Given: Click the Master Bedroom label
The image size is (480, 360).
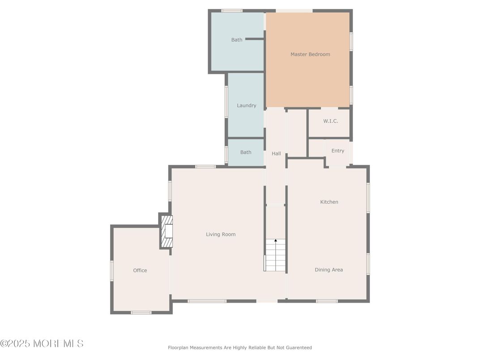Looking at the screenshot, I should click(x=310, y=54).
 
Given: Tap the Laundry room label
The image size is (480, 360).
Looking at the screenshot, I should click(x=246, y=106).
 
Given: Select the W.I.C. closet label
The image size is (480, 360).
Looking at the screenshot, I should click(x=330, y=121).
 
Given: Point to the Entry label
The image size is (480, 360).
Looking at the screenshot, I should click(x=338, y=151).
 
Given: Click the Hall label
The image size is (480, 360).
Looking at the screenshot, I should click(x=276, y=154).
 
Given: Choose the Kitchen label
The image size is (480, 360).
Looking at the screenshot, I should click(x=329, y=202).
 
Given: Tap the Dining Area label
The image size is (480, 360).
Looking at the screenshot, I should click(x=329, y=270).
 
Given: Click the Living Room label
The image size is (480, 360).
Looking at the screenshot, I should click(x=220, y=234).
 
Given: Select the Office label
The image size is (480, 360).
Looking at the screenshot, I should click(x=140, y=270).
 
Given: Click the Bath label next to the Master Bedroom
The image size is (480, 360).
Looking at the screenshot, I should click(x=236, y=40).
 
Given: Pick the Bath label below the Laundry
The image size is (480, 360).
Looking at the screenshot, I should click(x=245, y=152).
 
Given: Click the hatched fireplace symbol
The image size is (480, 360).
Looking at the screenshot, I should click(x=167, y=231).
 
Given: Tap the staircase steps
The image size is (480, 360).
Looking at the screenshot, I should click(x=275, y=257).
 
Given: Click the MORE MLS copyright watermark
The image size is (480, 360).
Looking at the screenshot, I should click(x=42, y=343).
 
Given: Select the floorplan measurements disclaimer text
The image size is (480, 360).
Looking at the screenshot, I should click(x=240, y=347).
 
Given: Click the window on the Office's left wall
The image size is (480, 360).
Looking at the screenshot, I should click(x=112, y=270).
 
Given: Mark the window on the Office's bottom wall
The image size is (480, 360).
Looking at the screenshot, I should click(x=141, y=312).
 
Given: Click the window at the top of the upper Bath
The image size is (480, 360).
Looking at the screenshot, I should click(x=232, y=11).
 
